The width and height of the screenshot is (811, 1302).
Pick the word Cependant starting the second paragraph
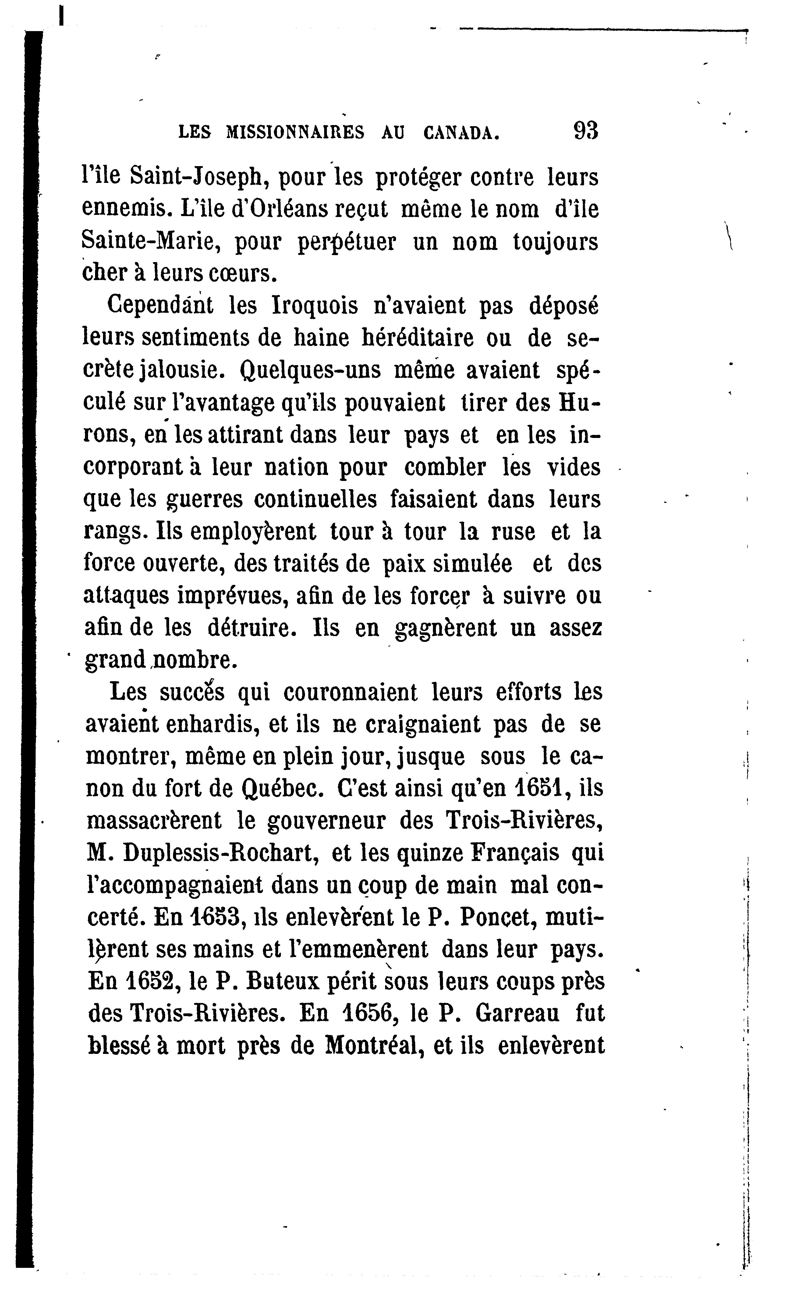click(160, 306)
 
